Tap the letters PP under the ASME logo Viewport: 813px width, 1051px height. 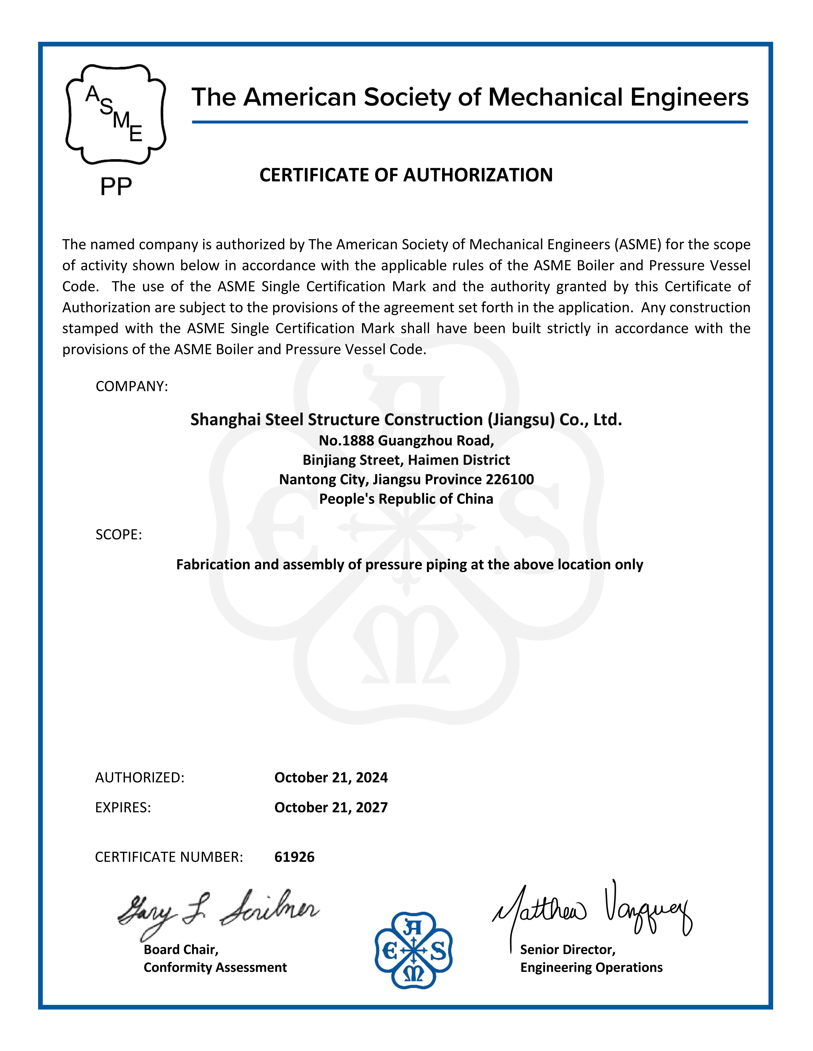116,186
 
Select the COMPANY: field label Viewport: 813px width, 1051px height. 132,386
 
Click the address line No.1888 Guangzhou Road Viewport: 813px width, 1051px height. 406,440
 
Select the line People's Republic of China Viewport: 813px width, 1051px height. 406,499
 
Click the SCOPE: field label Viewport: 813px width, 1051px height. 119,535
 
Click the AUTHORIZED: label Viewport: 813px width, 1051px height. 140,778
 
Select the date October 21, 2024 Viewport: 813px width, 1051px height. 331,778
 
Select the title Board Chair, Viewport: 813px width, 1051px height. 181,949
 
